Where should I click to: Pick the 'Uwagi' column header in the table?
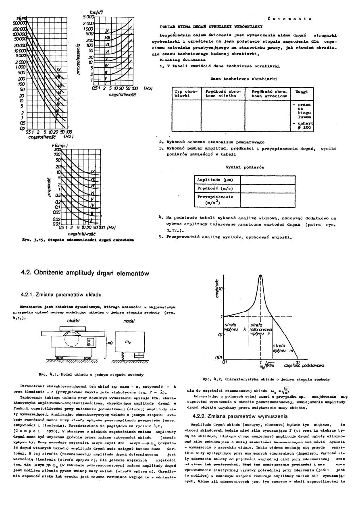302,92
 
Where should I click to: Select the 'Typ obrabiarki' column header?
185,94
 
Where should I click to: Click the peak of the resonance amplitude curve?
260,275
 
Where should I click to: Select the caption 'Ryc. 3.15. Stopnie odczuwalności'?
69,240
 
